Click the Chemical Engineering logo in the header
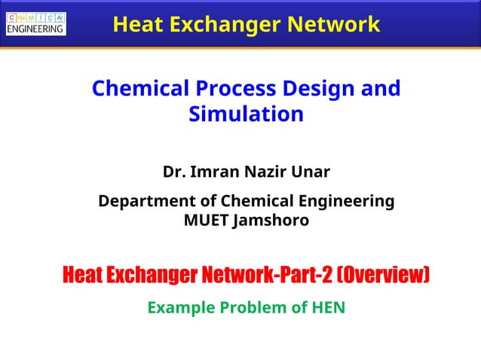pos(35,23)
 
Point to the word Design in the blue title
pos(317,89)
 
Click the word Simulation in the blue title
pos(246,115)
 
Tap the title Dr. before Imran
pos(173,172)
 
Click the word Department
pos(148,202)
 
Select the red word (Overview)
pos(383,276)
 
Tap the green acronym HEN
pos(328,308)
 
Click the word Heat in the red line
pos(84,276)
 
